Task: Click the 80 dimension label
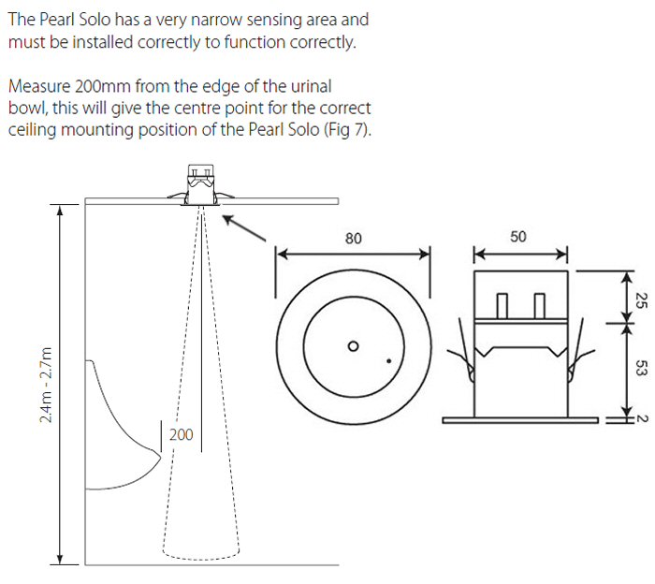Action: pyautogui.click(x=353, y=238)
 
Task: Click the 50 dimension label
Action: pyautogui.click(x=518, y=237)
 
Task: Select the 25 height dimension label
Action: pyautogui.click(x=641, y=299)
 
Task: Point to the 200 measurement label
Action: pyautogui.click(x=181, y=409)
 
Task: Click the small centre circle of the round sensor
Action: pyautogui.click(x=353, y=345)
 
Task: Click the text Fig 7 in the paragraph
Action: pyautogui.click(x=350, y=129)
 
